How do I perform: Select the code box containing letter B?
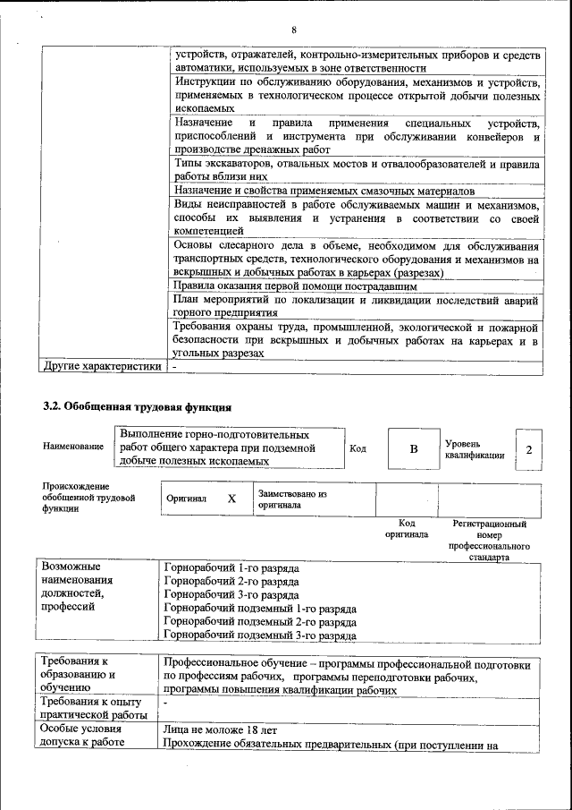[x=413, y=449]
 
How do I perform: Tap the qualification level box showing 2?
[x=529, y=449]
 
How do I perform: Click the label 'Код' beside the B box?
[x=357, y=448]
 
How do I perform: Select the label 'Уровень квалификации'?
[x=474, y=449]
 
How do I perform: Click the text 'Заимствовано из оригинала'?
[x=292, y=499]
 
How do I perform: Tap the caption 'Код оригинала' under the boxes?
[x=407, y=528]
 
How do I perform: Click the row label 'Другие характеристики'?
[x=102, y=366]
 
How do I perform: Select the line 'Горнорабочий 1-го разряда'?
[x=232, y=568]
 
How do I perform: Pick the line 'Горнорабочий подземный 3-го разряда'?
[x=261, y=635]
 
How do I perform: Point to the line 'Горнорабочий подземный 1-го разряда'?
[x=261, y=609]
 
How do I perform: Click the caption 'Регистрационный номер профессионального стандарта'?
[x=489, y=540]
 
